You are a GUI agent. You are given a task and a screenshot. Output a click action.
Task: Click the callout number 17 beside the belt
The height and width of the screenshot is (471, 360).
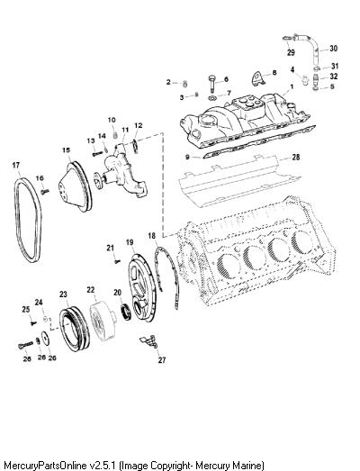[16, 165]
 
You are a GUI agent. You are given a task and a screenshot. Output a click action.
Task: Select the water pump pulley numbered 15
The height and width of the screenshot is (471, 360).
[75, 186]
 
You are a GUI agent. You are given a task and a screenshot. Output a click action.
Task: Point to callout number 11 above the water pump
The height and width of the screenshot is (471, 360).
[125, 130]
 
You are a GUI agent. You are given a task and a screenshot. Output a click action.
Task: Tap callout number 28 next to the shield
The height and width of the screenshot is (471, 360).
[296, 157]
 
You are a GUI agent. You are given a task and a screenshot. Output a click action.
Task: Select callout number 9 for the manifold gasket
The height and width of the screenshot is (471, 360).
[187, 157]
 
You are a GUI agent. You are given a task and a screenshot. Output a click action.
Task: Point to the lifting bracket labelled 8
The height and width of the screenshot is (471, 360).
[257, 78]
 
